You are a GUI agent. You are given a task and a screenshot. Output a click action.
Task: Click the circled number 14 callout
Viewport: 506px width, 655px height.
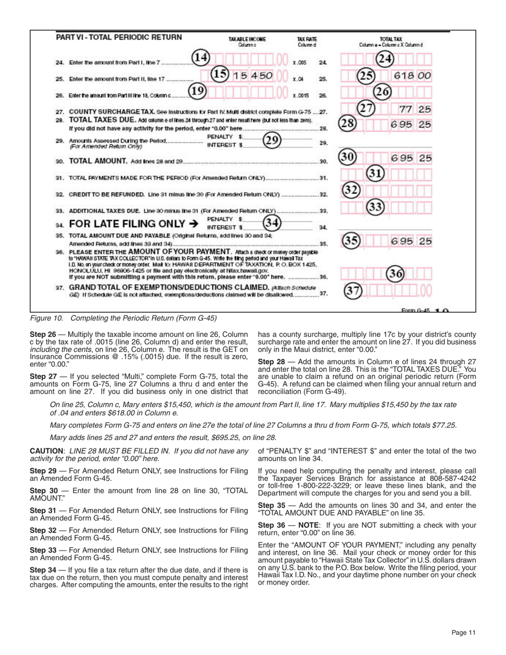pyautogui.click(x=201, y=58)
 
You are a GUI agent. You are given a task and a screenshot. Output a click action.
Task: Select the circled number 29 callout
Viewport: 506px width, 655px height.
pyautogui.click(x=273, y=142)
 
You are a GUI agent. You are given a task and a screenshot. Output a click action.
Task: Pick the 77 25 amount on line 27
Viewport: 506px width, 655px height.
pyautogui.click(x=415, y=109)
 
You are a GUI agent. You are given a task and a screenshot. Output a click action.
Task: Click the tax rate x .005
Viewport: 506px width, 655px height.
pyautogui.click(x=299, y=62)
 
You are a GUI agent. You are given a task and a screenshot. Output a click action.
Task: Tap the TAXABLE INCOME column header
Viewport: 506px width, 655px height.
pyautogui.click(x=247, y=39)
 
